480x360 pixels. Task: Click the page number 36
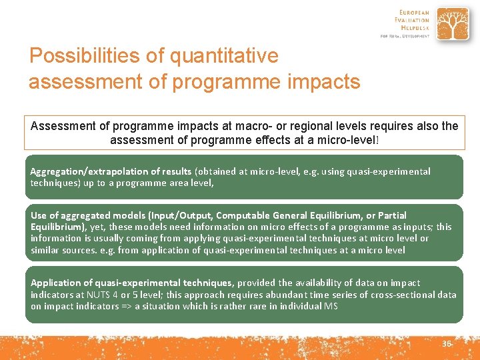[x=446, y=343]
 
